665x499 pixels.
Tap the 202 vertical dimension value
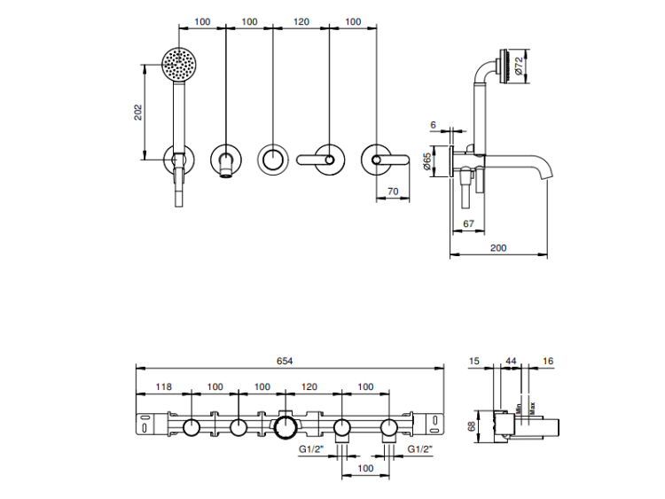[137, 112]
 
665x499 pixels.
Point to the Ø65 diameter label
[428, 162]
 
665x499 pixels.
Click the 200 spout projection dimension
[498, 248]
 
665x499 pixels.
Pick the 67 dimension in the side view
[468, 223]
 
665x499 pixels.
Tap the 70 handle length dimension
[392, 191]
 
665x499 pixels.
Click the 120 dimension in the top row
[301, 21]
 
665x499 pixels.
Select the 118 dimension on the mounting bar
[163, 386]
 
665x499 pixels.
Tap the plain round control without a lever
[273, 160]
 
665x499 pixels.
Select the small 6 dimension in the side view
[433, 126]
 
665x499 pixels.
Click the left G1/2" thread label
[312, 449]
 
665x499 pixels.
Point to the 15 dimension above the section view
[473, 361]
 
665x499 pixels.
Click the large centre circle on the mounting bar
[286, 430]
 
